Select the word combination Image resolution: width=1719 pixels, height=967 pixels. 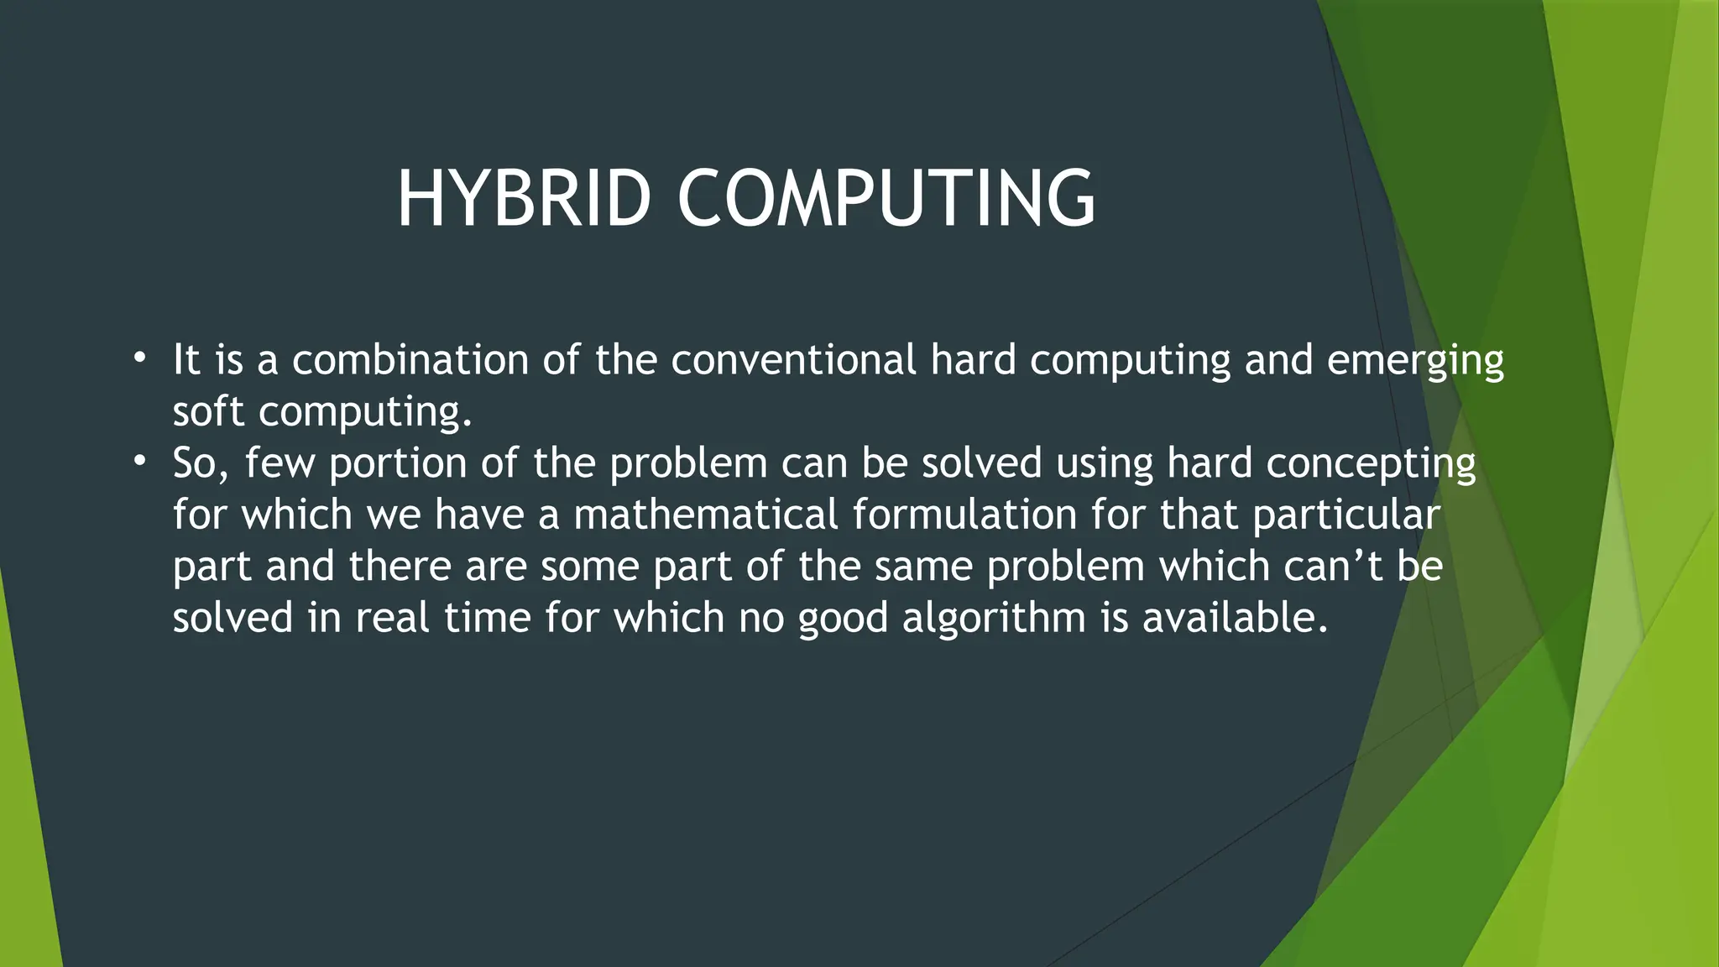pyautogui.click(x=410, y=360)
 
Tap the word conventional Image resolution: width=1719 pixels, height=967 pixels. pyautogui.click(x=793, y=360)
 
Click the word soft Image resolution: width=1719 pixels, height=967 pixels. pyautogui.click(x=208, y=411)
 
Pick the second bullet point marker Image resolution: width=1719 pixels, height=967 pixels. pyautogui.click(x=139, y=462)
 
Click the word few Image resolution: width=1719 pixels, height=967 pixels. pyautogui.click(x=280, y=463)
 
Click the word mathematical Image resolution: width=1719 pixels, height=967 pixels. pyautogui.click(x=706, y=515)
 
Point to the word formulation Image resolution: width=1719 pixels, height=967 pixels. pyautogui.click(x=964, y=515)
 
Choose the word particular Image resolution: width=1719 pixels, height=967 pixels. pyautogui.click(x=1346, y=516)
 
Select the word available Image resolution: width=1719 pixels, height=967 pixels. pyautogui.click(x=1234, y=618)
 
